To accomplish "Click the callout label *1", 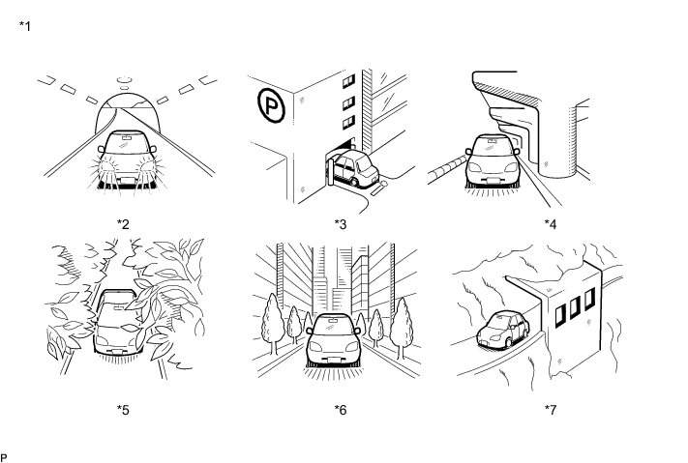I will tap(25, 25).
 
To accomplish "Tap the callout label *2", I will tap(124, 224).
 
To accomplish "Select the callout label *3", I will tap(341, 224).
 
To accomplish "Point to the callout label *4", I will tap(551, 224).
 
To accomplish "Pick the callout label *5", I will tap(124, 409).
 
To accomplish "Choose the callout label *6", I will tap(341, 409).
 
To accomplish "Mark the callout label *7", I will tap(551, 409).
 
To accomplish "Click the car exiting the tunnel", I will tap(124, 157).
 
